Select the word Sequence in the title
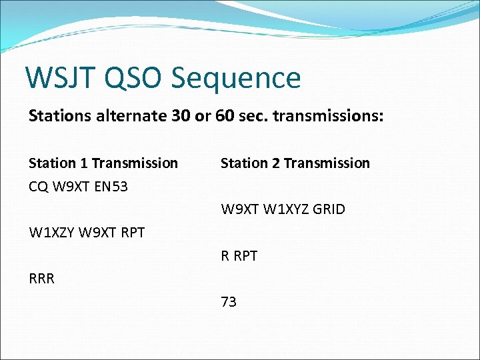236,78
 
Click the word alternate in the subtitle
127,116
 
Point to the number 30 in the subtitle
181,116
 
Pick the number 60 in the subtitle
225,116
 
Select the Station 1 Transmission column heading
103,163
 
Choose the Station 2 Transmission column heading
295,163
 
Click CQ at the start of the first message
38,187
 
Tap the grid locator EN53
110,187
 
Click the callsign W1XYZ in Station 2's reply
286,209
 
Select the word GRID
329,209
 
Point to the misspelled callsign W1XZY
52,233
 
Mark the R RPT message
239,256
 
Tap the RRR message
41,279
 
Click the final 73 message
229,302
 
